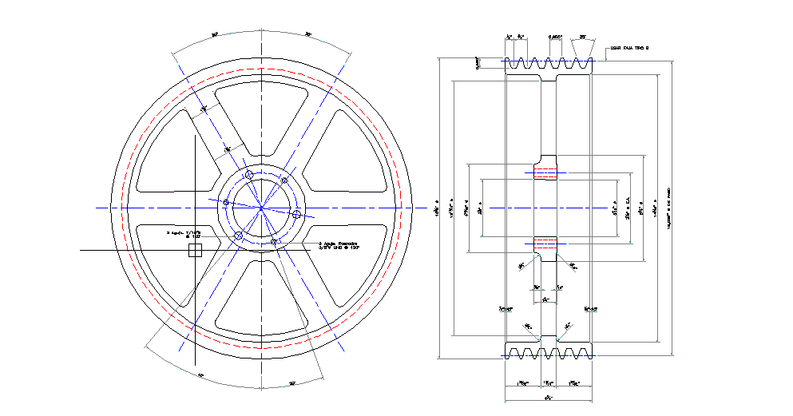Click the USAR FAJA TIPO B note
(x=630, y=48)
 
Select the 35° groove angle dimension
(x=583, y=37)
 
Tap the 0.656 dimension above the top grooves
(x=555, y=37)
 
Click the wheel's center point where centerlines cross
(x=262, y=208)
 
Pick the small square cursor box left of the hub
(x=194, y=251)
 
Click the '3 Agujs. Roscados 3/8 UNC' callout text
(x=339, y=245)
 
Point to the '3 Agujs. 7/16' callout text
(x=184, y=235)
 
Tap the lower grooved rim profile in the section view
(x=548, y=351)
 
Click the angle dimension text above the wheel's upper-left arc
(x=215, y=35)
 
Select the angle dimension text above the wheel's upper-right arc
(x=308, y=35)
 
